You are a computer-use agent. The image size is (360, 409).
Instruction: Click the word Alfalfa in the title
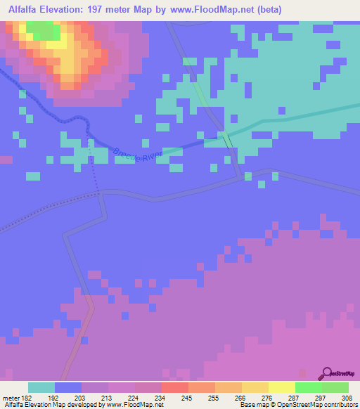(26, 10)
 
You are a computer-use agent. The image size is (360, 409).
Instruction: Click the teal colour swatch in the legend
(41, 387)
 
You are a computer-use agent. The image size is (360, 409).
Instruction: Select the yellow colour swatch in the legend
(281, 387)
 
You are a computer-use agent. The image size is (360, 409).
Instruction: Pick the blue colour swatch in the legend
(68, 387)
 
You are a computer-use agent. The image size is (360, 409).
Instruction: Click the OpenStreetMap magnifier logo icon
(327, 372)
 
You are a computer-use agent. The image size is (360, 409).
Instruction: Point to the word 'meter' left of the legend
(10, 397)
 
